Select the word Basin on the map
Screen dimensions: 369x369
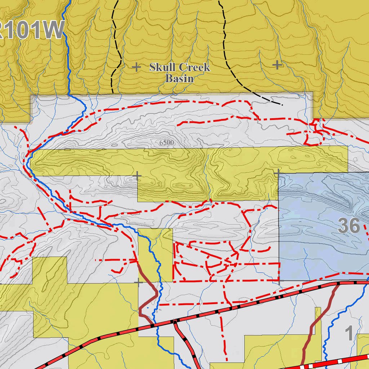[179, 78]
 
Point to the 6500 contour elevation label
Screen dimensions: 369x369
[166, 143]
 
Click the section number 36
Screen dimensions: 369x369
[349, 226]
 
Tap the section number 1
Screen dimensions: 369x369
[349, 333]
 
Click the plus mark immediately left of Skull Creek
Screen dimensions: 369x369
[136, 67]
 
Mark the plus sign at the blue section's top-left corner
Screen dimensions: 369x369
[278, 173]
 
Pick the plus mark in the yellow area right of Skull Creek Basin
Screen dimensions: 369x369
[277, 65]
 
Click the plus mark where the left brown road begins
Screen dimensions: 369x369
[139, 283]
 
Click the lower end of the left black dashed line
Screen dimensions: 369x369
[112, 92]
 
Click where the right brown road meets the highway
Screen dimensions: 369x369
[338, 284]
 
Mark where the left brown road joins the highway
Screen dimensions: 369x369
[152, 325]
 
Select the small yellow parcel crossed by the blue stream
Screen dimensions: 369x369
[155, 254]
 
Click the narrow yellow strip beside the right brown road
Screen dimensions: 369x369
[318, 335]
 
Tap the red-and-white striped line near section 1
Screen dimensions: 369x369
[339, 361]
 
